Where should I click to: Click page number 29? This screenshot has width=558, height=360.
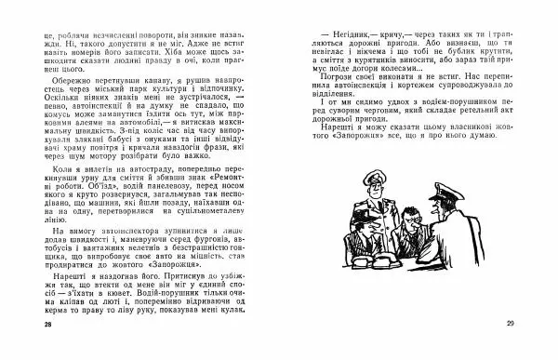coord(511,324)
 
